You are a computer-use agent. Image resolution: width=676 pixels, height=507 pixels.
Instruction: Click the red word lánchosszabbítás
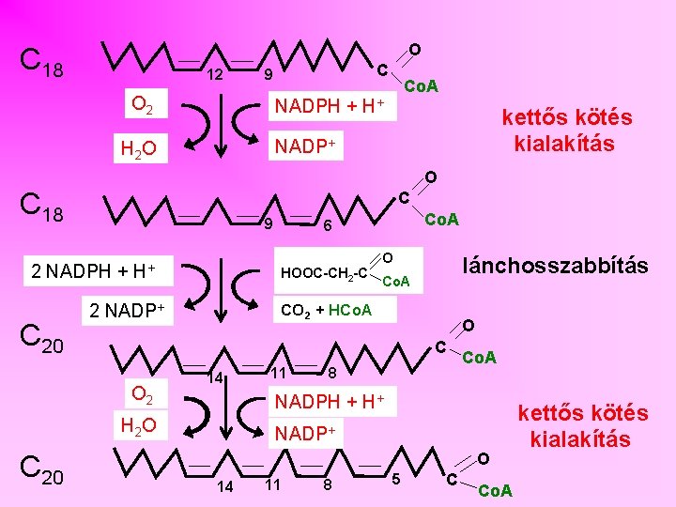(556, 266)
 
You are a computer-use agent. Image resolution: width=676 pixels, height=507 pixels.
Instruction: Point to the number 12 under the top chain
(214, 74)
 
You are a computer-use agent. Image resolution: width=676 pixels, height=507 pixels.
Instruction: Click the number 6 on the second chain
(327, 225)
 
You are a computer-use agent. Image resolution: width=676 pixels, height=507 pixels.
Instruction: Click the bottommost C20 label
(43, 478)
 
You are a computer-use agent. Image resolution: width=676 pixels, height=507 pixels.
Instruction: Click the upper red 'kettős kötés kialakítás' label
(566, 131)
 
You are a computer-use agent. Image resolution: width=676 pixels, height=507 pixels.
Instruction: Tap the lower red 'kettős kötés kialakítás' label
(582, 426)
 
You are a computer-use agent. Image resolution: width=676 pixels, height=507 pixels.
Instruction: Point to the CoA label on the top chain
(422, 86)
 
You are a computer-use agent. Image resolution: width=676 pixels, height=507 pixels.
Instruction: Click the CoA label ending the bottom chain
(496, 490)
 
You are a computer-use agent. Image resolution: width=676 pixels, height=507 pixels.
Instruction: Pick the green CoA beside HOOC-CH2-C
(396, 281)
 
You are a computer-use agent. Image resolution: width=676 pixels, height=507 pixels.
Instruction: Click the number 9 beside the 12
(268, 75)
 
